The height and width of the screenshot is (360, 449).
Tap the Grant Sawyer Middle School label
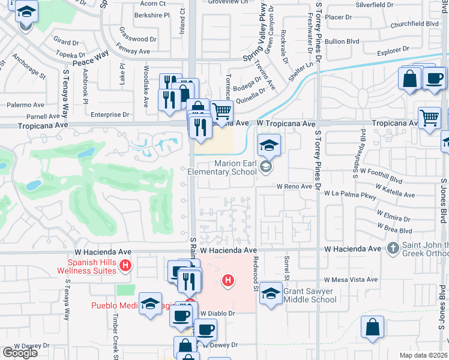310,295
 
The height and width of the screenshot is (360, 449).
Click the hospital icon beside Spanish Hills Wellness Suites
125,265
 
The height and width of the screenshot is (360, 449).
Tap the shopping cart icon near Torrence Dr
221,112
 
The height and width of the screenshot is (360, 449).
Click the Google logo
20,352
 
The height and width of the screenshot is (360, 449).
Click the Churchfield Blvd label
414,25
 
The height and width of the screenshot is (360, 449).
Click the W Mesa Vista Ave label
350,280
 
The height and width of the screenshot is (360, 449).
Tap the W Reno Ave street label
294,187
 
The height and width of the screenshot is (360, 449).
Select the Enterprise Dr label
109,114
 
